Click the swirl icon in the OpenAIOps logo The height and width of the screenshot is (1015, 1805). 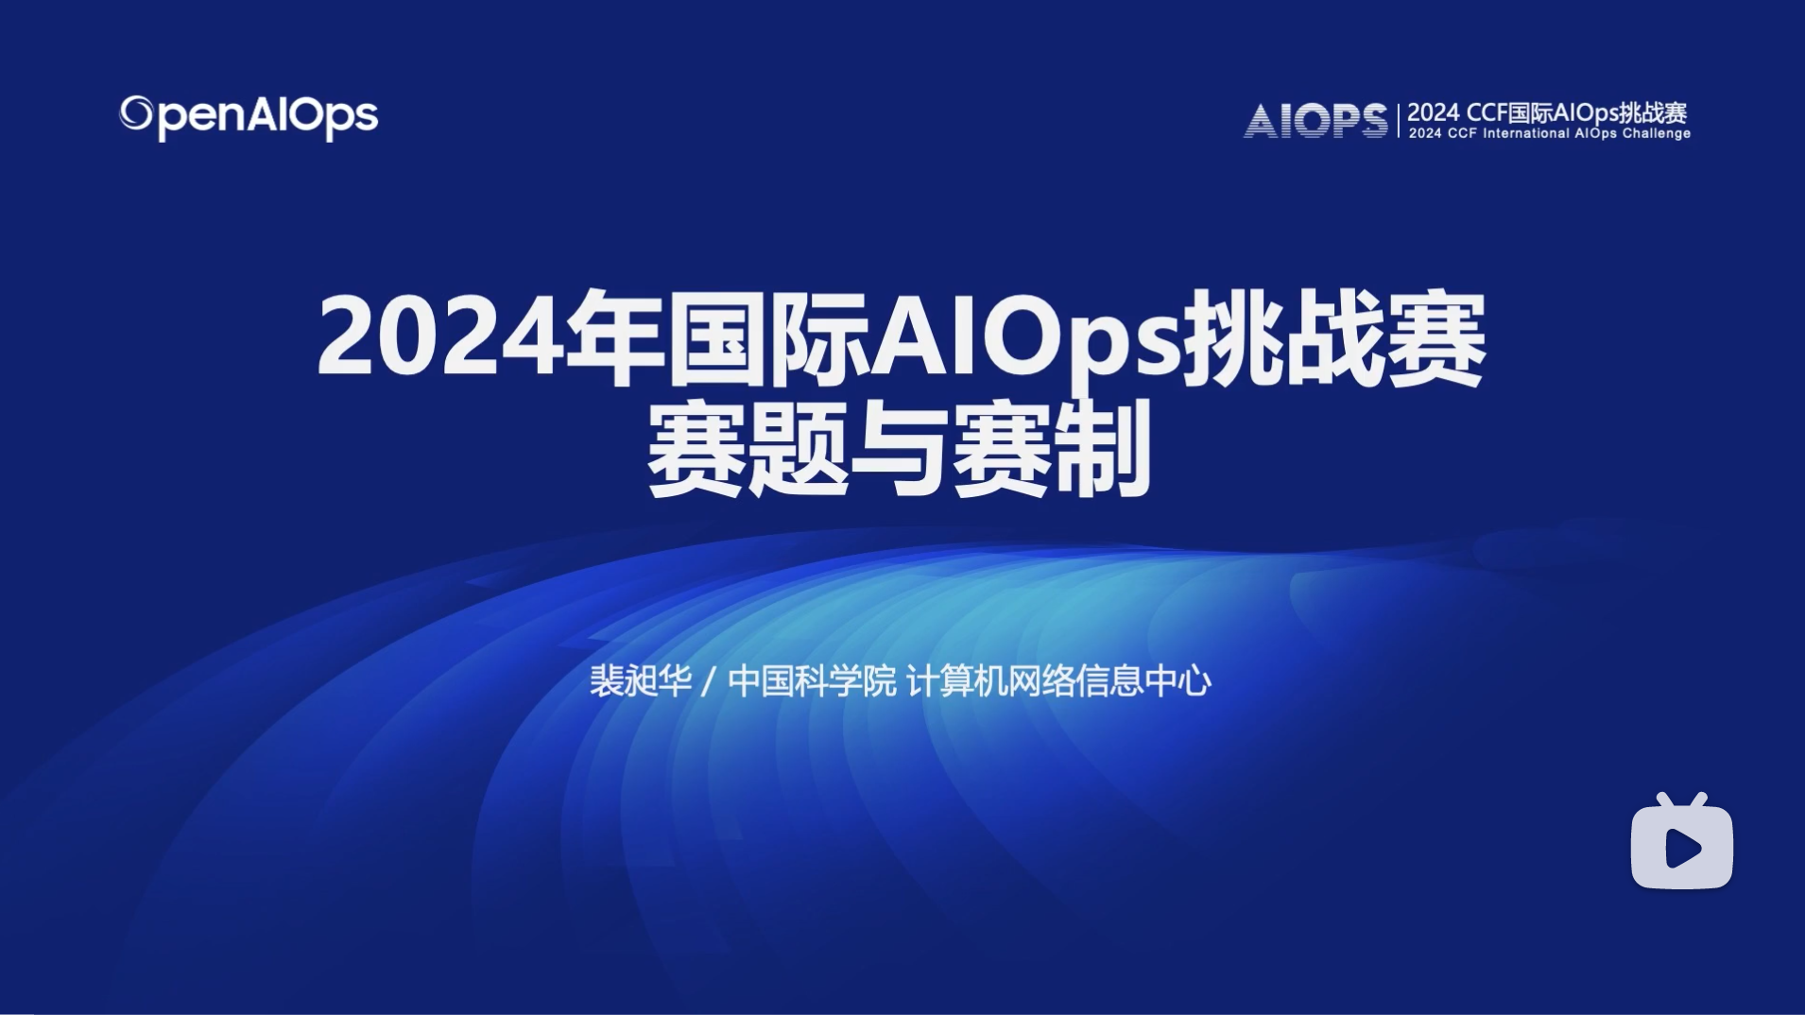pyautogui.click(x=135, y=114)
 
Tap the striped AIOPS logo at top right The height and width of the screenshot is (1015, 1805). pyautogui.click(x=1315, y=121)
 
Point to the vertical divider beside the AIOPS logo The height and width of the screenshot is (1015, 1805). pyautogui.click(x=1398, y=121)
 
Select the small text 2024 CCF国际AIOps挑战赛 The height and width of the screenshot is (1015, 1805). pyautogui.click(x=1547, y=112)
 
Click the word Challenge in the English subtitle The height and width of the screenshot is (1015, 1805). pyautogui.click(x=1657, y=134)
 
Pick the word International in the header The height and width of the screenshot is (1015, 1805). pyautogui.click(x=1526, y=134)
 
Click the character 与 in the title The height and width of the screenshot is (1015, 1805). pyautogui.click(x=899, y=450)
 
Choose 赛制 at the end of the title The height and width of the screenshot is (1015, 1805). pyautogui.click(x=1050, y=450)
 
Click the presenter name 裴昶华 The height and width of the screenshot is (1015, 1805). pyautogui.click(x=641, y=680)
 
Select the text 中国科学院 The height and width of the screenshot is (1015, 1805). pyautogui.click(x=812, y=680)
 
